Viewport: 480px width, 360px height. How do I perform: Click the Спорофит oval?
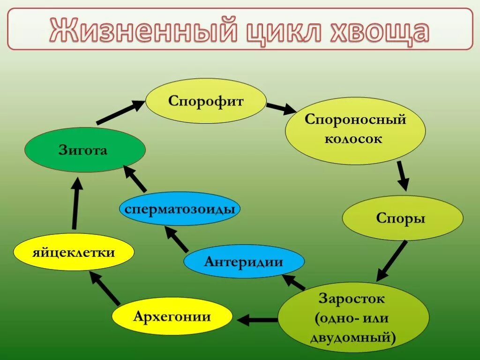point(206,101)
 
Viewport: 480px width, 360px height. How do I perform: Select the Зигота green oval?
point(85,150)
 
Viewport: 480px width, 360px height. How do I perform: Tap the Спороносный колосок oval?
point(355,130)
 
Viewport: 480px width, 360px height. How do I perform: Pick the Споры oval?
point(402,218)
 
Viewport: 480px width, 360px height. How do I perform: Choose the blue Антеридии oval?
point(244,261)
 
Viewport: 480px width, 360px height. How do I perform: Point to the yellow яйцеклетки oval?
point(74,253)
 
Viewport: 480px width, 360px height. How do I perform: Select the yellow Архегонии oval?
point(172,317)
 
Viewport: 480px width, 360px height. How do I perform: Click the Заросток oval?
point(353,317)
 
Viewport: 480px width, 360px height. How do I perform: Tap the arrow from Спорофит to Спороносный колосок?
point(281,108)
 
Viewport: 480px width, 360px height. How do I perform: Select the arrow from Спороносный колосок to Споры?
point(402,176)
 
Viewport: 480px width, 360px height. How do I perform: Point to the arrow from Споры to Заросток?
point(392,261)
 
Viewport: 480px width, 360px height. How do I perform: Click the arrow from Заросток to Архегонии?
point(257,320)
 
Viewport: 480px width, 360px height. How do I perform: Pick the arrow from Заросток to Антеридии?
point(293,281)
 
